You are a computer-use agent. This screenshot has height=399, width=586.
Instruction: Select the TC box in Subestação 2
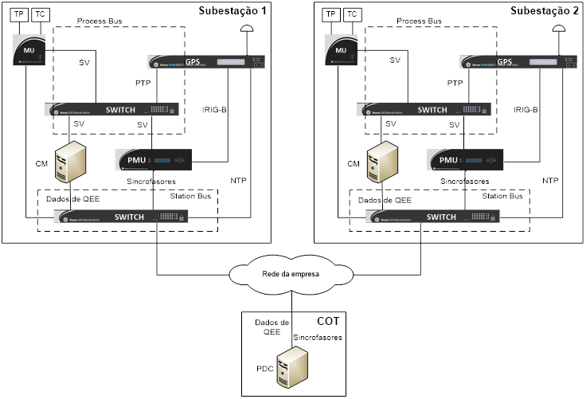[x=353, y=14]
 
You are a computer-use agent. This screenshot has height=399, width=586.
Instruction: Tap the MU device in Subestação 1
[x=29, y=51]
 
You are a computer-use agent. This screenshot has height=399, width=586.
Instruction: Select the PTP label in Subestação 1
[x=143, y=83]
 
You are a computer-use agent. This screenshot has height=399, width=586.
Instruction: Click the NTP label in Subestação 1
[x=238, y=181]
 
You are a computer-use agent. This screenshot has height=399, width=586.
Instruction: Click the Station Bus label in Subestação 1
[x=191, y=196]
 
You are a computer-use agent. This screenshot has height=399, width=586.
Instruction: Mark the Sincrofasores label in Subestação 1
[x=150, y=182]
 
